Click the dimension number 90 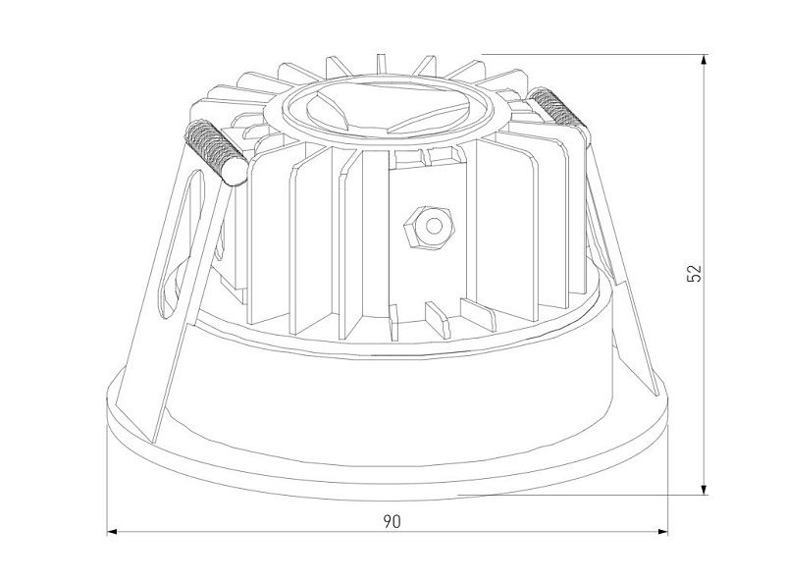[392, 522]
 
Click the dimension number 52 [695, 274]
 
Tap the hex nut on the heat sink [429, 228]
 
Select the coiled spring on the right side [554, 107]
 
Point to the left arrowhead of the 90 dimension [112, 531]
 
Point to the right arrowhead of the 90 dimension [662, 531]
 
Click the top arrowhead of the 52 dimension [704, 60]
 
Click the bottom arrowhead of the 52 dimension [704, 490]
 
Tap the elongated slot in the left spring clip [182, 244]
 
